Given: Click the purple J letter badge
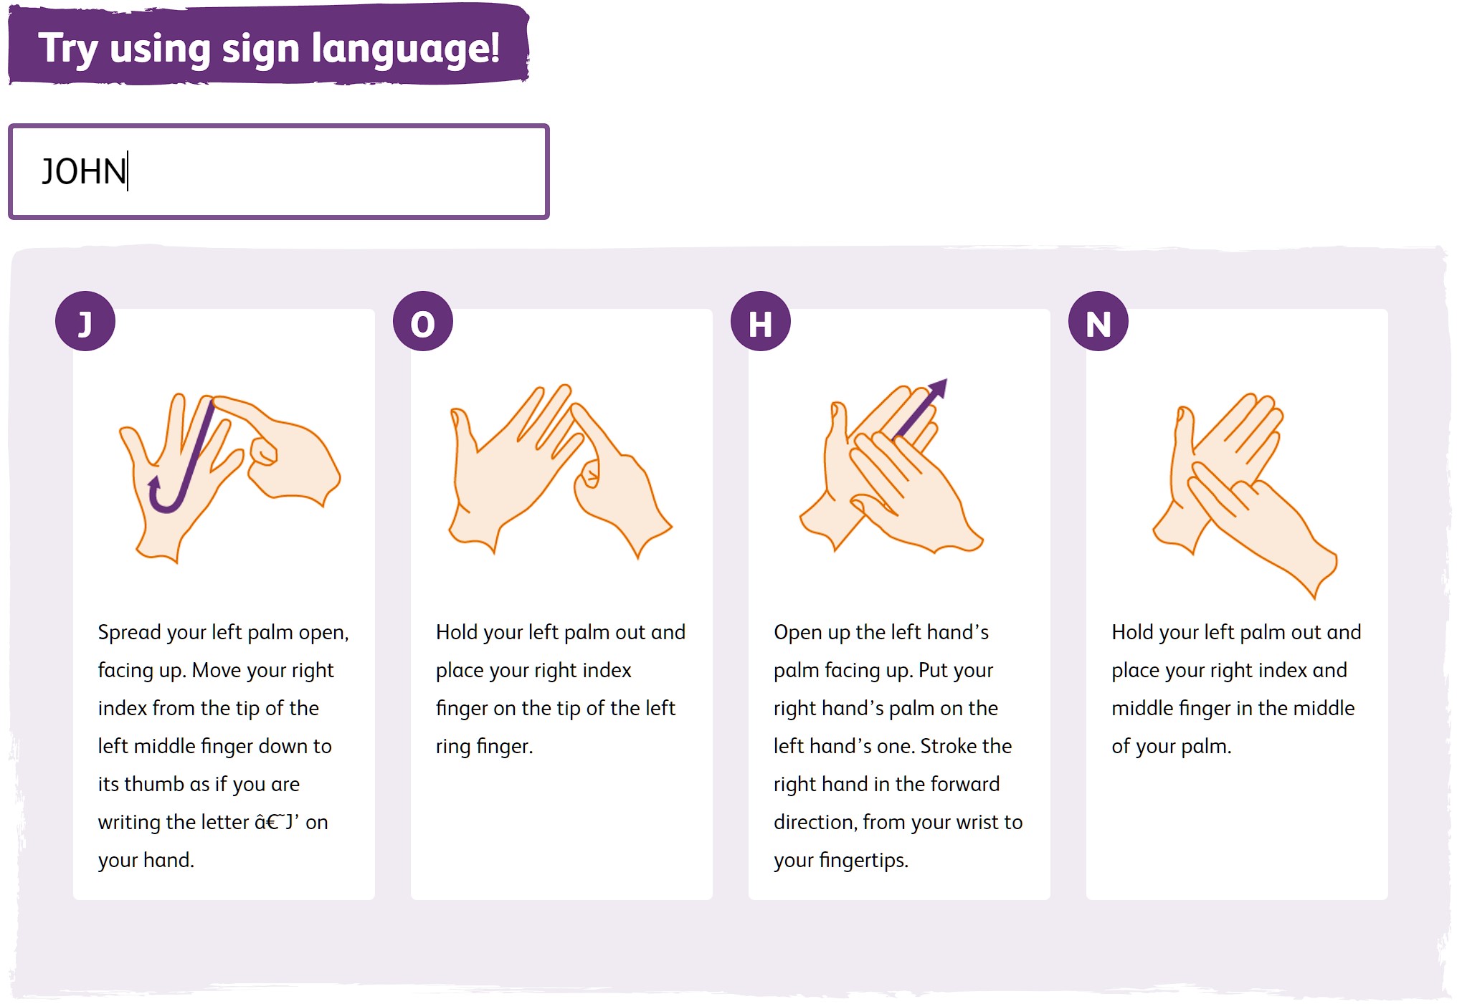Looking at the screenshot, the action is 85,321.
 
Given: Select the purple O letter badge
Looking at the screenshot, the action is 423,321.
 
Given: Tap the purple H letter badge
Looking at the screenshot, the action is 761,321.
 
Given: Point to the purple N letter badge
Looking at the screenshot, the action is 1098,321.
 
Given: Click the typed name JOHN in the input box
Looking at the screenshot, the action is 84,172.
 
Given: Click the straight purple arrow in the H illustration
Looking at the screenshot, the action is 921,408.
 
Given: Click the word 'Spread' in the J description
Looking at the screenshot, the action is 129,633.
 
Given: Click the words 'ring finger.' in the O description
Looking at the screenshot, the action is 485,747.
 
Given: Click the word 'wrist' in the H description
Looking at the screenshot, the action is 958,822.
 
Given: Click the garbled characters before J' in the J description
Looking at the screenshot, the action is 269,822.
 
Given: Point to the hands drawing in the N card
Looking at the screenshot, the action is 1244,495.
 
